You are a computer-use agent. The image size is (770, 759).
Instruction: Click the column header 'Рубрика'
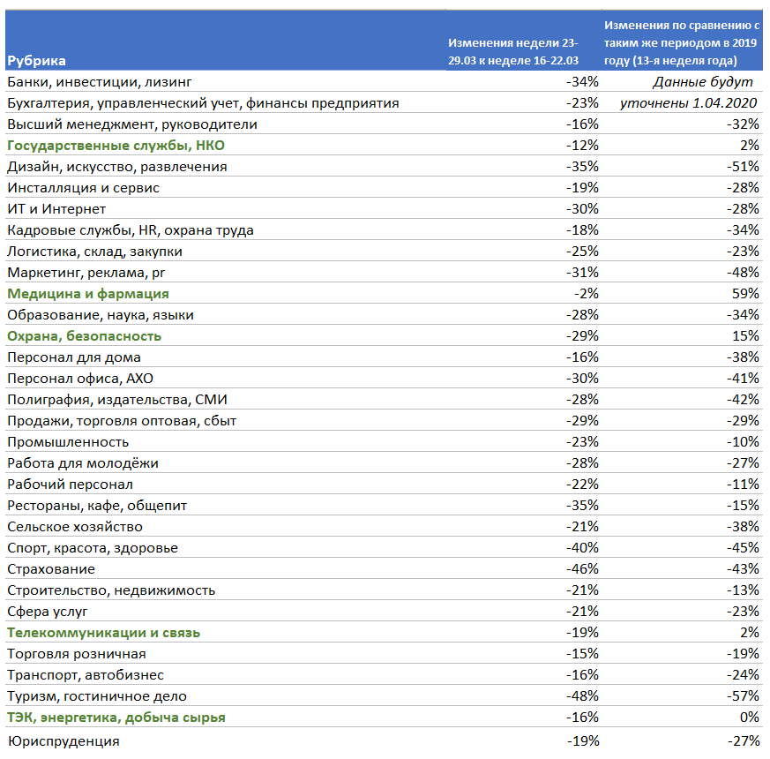tap(36, 60)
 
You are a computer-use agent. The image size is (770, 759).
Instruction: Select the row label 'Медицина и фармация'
tap(88, 294)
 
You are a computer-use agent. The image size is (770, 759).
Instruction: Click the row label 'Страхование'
tap(51, 569)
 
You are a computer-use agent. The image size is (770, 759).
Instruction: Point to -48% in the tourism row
tap(582, 696)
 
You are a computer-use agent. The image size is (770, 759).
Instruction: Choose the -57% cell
tap(743, 696)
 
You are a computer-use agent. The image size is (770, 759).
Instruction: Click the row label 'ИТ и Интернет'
tap(56, 209)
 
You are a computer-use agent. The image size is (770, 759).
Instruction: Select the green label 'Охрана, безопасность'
tap(84, 336)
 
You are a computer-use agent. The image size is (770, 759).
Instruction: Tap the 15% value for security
tap(745, 336)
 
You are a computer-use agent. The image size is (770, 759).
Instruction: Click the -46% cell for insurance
tap(582, 569)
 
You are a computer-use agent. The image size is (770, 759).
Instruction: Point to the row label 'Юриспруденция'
tap(64, 740)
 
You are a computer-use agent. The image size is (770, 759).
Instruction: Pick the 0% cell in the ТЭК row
tap(750, 718)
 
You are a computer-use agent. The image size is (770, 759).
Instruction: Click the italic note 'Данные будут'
tap(702, 82)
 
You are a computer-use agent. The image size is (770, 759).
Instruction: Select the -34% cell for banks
tap(582, 81)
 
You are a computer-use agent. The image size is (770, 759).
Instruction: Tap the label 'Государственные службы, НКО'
tap(116, 146)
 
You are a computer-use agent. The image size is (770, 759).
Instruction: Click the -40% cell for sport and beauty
tap(582, 548)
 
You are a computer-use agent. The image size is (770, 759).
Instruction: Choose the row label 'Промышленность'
tap(68, 442)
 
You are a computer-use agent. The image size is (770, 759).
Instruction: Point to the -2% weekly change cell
tap(587, 294)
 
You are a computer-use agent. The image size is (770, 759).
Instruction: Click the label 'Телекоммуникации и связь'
tap(103, 633)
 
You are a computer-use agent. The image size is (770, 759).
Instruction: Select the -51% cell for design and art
tap(743, 167)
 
